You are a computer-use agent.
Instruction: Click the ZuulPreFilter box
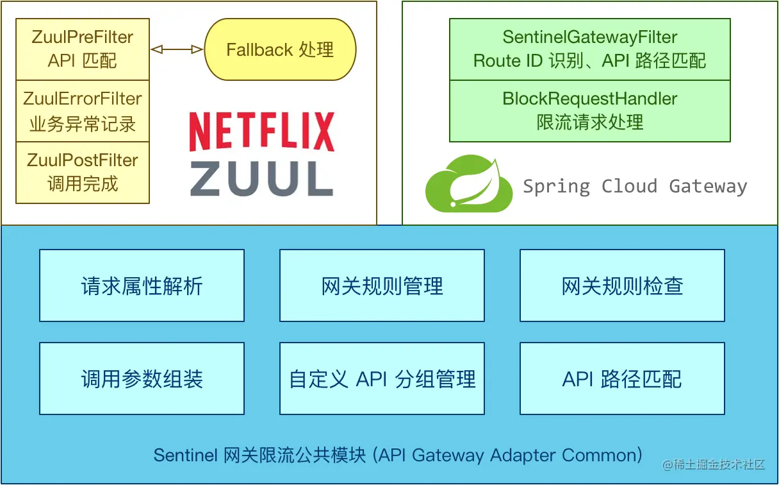click(x=83, y=49)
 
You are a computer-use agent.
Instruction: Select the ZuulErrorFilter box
click(x=83, y=111)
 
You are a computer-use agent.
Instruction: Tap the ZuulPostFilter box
click(x=83, y=173)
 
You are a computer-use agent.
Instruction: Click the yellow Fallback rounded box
click(x=281, y=49)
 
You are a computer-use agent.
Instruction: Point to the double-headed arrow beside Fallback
click(x=177, y=49)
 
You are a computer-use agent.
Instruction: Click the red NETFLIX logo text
click(x=262, y=132)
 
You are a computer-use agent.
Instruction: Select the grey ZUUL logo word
click(x=261, y=178)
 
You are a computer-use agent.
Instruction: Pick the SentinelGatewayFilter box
click(x=590, y=49)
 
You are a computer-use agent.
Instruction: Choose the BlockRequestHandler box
click(x=590, y=111)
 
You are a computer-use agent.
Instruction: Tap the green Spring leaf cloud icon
click(x=469, y=183)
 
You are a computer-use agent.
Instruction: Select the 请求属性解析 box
click(x=142, y=285)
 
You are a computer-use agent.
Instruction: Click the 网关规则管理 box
click(x=382, y=285)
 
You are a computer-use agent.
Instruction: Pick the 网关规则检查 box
click(x=623, y=285)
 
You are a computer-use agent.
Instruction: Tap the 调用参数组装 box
click(x=142, y=379)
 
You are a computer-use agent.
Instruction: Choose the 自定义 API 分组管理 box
click(x=382, y=379)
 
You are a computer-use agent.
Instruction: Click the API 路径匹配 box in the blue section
click(x=623, y=379)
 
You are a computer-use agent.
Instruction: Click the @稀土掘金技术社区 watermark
click(x=714, y=464)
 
